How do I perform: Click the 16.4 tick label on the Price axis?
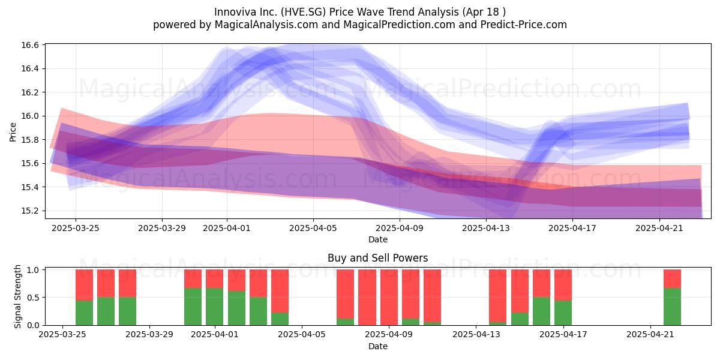click(30, 69)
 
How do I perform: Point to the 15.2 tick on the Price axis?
click(30, 211)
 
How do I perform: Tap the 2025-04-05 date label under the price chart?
click(313, 228)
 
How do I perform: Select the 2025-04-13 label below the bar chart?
click(476, 335)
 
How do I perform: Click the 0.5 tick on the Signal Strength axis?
click(34, 298)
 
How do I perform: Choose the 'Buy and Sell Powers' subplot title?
click(377, 258)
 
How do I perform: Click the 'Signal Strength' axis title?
click(17, 296)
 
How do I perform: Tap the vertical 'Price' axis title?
click(13, 132)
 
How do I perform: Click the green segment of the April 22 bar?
click(672, 307)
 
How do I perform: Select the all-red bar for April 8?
click(367, 298)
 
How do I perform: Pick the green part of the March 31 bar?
click(193, 307)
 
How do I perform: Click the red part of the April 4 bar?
click(280, 291)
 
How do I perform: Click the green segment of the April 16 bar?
click(541, 311)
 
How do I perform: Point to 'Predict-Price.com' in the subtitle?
click(524, 25)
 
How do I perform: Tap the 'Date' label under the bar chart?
click(377, 346)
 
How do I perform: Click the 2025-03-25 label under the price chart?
click(76, 228)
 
